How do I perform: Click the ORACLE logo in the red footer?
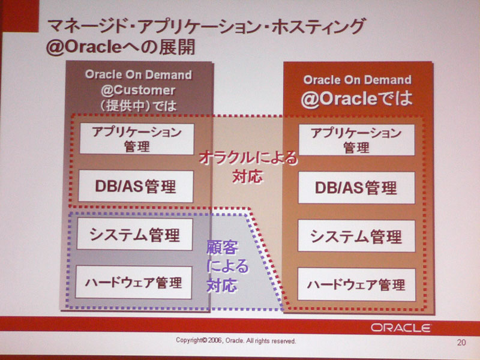pyautogui.click(x=401, y=328)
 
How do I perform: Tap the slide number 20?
pyautogui.click(x=461, y=342)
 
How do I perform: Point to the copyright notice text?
pyautogui.click(x=236, y=340)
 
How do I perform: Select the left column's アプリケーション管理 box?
pyautogui.click(x=137, y=139)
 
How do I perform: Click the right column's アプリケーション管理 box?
pyautogui.click(x=356, y=140)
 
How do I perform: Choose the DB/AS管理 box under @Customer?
pyautogui.click(x=136, y=186)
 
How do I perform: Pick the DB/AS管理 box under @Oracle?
pyautogui.click(x=356, y=188)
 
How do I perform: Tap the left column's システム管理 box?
pyautogui.click(x=134, y=234)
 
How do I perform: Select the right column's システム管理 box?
pyautogui.click(x=356, y=236)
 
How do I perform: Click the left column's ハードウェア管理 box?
pyautogui.click(x=133, y=282)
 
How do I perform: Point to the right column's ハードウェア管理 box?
pyautogui.click(x=356, y=284)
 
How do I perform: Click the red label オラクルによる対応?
pyautogui.click(x=248, y=167)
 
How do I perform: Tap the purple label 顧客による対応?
pyautogui.click(x=227, y=266)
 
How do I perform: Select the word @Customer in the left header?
pyautogui.click(x=138, y=91)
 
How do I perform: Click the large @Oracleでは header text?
pyautogui.click(x=356, y=98)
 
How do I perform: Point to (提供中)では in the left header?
pyautogui.click(x=138, y=106)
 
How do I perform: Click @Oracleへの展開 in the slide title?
pyautogui.click(x=121, y=47)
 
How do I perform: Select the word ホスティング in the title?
pyautogui.click(x=319, y=26)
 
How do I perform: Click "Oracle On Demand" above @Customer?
pyautogui.click(x=139, y=74)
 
